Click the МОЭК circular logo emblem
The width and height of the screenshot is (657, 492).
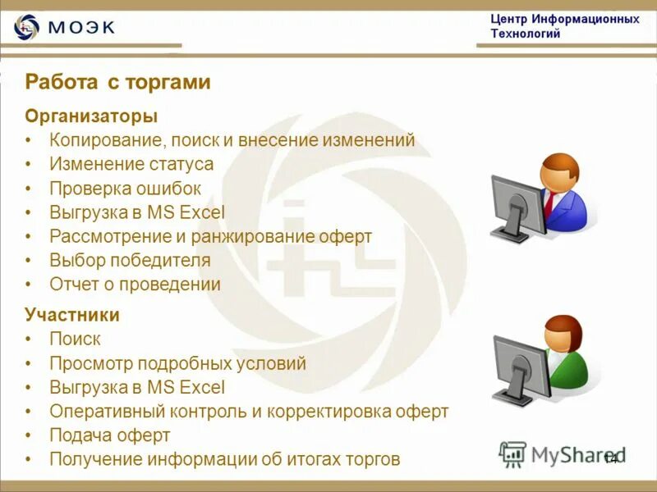pyautogui.click(x=26, y=27)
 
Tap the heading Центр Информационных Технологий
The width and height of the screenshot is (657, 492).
pyautogui.click(x=564, y=26)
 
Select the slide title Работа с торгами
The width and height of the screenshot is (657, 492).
pyautogui.click(x=117, y=82)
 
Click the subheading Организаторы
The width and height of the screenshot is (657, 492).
pyautogui.click(x=90, y=116)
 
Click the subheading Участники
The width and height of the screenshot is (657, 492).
pyautogui.click(x=72, y=315)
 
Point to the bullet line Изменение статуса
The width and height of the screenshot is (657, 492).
pyautogui.click(x=131, y=164)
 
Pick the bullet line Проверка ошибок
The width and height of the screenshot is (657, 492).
pyautogui.click(x=125, y=189)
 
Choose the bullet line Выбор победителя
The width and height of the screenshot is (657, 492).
pyautogui.click(x=130, y=261)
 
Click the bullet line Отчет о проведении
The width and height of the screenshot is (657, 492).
pyautogui.click(x=135, y=285)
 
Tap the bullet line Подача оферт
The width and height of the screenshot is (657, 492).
pyautogui.click(x=109, y=435)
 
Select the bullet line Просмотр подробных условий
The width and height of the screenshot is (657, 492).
pyautogui.click(x=177, y=363)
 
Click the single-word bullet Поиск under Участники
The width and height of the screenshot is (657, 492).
pyautogui.click(x=75, y=339)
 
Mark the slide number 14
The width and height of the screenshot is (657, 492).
pyautogui.click(x=610, y=458)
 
